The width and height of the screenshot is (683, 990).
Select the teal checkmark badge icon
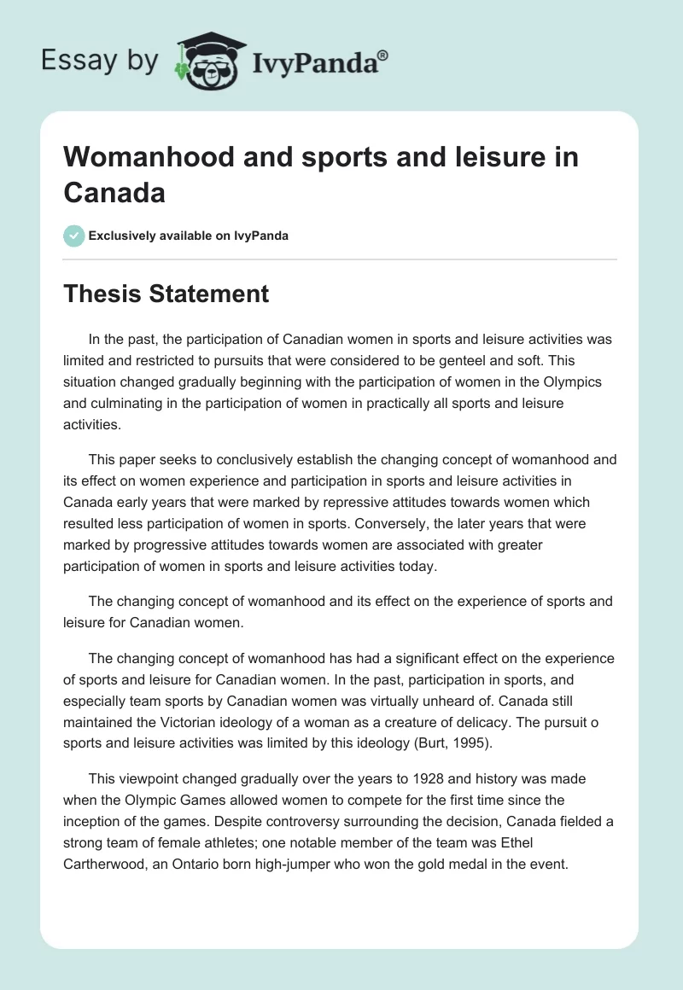74,236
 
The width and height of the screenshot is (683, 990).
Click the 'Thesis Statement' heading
166,294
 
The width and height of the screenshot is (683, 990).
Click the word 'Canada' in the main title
114,192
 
